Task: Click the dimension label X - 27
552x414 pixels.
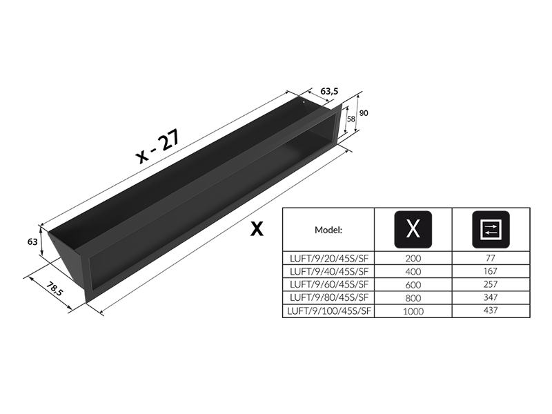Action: [158, 146]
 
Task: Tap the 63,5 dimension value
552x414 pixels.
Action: [329, 91]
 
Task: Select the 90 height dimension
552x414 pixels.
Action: [364, 113]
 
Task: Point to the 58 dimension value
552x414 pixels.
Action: [351, 119]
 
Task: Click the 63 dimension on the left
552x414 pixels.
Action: [32, 242]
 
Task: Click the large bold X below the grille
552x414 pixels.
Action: [257, 229]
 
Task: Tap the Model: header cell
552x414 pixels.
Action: [328, 230]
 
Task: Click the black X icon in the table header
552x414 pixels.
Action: [413, 229]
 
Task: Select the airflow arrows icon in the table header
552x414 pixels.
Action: [491, 229]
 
